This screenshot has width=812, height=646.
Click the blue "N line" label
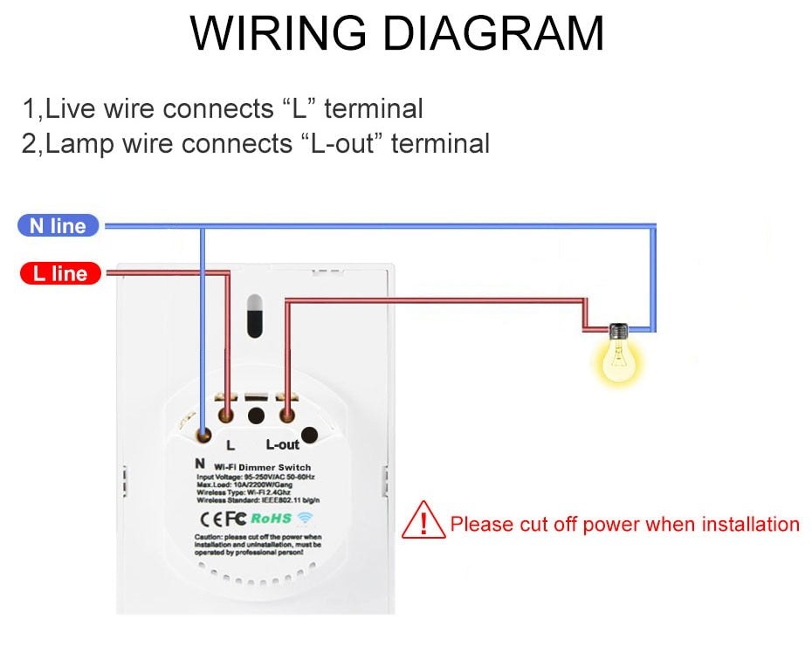[x=58, y=226]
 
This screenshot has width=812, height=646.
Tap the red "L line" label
[x=60, y=274]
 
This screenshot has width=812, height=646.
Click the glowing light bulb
[x=619, y=357]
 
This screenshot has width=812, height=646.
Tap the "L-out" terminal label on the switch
[x=282, y=444]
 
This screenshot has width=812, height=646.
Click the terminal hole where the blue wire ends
[x=203, y=433]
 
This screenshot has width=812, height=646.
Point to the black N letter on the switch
[x=200, y=463]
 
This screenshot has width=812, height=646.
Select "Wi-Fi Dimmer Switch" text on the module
[x=262, y=468]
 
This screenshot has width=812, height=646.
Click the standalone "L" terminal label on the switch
[x=231, y=444]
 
